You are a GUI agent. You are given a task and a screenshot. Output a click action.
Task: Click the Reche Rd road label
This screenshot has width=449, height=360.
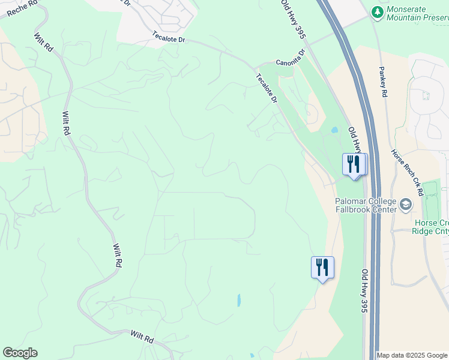coord(19,7)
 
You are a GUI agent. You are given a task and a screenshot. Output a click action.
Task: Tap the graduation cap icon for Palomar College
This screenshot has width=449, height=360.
coord(406,205)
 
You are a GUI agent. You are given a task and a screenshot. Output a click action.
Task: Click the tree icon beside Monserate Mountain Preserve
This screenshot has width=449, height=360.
coord(377,12)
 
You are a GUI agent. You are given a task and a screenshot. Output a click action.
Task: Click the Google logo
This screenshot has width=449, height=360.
coord(20,353)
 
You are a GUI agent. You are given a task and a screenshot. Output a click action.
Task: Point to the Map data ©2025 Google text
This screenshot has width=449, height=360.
coord(411,355)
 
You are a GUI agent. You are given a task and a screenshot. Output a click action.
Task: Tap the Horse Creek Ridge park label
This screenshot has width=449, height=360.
coord(431,227)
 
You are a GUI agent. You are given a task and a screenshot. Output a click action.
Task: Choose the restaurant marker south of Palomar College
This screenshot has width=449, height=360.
coord(322,267)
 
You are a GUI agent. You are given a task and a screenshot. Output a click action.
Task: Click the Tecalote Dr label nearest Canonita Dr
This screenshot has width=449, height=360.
coord(267,88)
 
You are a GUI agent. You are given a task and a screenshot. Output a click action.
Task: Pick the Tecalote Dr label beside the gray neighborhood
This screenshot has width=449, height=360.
coord(170,37)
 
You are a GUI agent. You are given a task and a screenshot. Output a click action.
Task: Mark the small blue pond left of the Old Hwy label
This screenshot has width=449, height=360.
coord(334,130)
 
